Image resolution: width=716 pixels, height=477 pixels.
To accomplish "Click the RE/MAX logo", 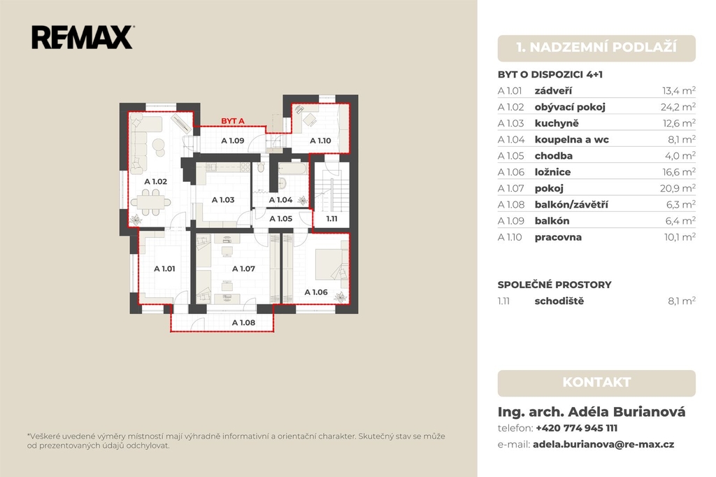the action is tap(83, 37).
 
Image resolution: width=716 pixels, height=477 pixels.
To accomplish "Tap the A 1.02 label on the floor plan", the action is tap(156, 181).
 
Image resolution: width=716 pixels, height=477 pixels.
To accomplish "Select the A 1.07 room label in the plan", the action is tap(243, 269).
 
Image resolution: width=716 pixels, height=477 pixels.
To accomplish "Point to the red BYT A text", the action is tap(233, 121).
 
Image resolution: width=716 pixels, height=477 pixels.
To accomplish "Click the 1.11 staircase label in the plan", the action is tap(332, 219).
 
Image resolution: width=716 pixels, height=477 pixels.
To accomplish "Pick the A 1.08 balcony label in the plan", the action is tap(243, 322).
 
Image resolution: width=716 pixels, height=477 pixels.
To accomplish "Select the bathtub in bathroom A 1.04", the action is tap(293, 169).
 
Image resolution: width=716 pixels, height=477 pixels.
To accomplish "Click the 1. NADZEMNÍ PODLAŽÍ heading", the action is tap(596, 48).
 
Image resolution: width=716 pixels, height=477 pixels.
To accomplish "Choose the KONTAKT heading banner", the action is tap(596, 383).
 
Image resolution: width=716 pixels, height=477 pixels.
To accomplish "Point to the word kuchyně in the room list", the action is tap(557, 123).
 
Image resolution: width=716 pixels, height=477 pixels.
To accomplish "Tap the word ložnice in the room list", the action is tap(552, 172).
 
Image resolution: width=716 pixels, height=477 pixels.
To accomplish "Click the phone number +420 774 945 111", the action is tap(576, 428).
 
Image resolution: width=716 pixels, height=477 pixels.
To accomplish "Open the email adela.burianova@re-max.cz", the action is tap(603, 445).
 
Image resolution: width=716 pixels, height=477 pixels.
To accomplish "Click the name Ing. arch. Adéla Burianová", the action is tap(592, 412).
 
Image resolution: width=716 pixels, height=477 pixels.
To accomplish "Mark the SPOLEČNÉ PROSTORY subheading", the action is tap(554, 285).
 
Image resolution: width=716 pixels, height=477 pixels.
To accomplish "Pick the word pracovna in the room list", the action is tap(558, 238).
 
